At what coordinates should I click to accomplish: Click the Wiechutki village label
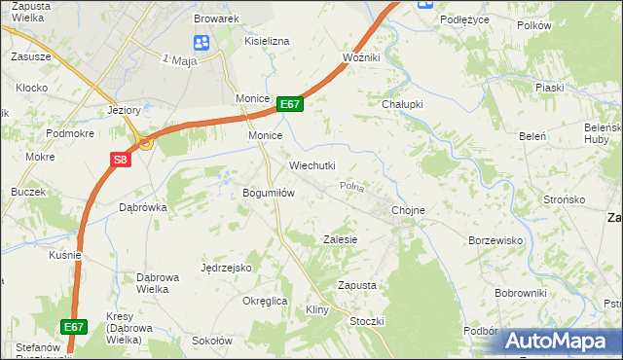pyautogui.click(x=311, y=165)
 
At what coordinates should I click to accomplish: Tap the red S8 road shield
pyautogui.click(x=120, y=160)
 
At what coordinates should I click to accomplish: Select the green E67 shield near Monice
pyautogui.click(x=290, y=104)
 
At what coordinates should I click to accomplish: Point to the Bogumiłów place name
pyautogui.click(x=268, y=193)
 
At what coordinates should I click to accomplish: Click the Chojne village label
pyautogui.click(x=408, y=209)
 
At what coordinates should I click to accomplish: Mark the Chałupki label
pyautogui.click(x=400, y=105)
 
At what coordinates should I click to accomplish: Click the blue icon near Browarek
pyautogui.click(x=202, y=42)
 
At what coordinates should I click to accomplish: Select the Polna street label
pyautogui.click(x=350, y=185)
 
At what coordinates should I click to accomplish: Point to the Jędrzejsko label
pyautogui.click(x=226, y=267)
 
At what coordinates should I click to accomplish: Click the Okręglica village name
pyautogui.click(x=265, y=301)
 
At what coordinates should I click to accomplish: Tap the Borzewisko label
pyautogui.click(x=495, y=239)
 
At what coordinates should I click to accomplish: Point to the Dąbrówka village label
pyautogui.click(x=143, y=207)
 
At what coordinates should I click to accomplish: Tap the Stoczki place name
pyautogui.click(x=367, y=321)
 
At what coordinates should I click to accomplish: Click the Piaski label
pyautogui.click(x=549, y=87)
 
